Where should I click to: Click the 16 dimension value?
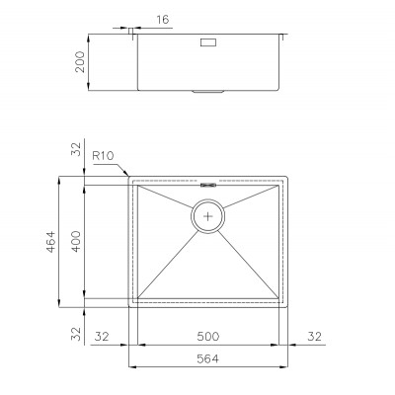[162, 20]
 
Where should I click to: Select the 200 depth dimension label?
[80, 61]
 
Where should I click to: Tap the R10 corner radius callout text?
[103, 156]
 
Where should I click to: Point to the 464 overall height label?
[50, 242]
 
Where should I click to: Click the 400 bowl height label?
[76, 241]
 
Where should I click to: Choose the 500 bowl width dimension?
[207, 337]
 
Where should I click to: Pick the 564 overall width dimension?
[207, 358]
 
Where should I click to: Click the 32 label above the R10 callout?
[76, 149]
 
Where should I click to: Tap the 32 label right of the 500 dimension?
[315, 337]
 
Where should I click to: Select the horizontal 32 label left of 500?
[102, 337]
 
